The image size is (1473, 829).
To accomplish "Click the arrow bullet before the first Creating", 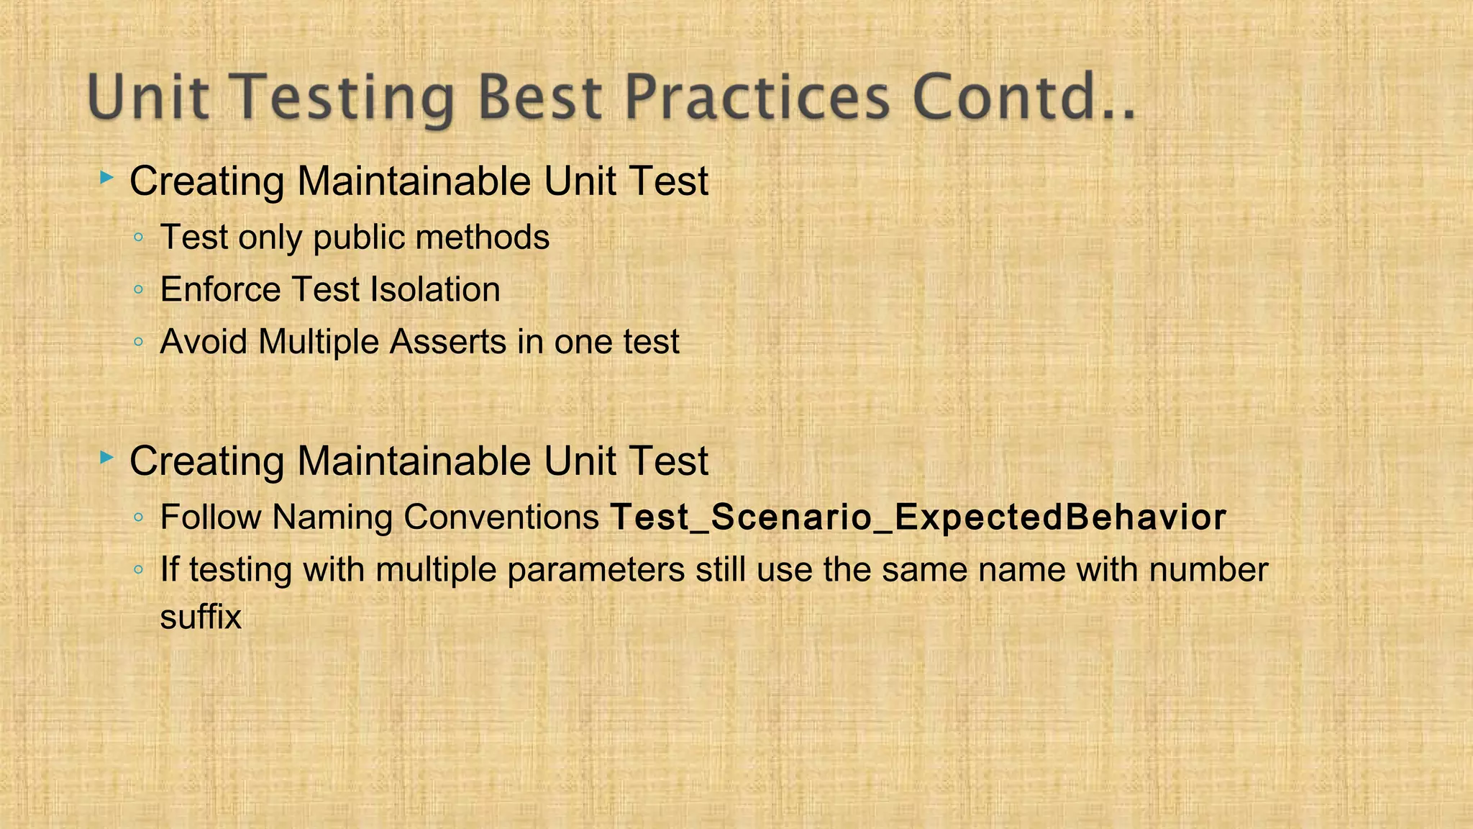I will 106,177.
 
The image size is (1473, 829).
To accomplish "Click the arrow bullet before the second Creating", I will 106,457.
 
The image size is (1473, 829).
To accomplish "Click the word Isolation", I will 434,290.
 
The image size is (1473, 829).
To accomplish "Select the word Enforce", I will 220,290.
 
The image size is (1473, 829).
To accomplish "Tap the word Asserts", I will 447,342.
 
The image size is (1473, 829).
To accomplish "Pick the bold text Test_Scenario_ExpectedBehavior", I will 918,517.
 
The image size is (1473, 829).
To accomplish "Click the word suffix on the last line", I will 200,617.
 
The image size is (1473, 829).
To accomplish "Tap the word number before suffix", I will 1208,570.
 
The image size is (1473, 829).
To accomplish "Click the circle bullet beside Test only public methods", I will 139,238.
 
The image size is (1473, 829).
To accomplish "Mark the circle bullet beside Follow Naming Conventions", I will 139,517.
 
